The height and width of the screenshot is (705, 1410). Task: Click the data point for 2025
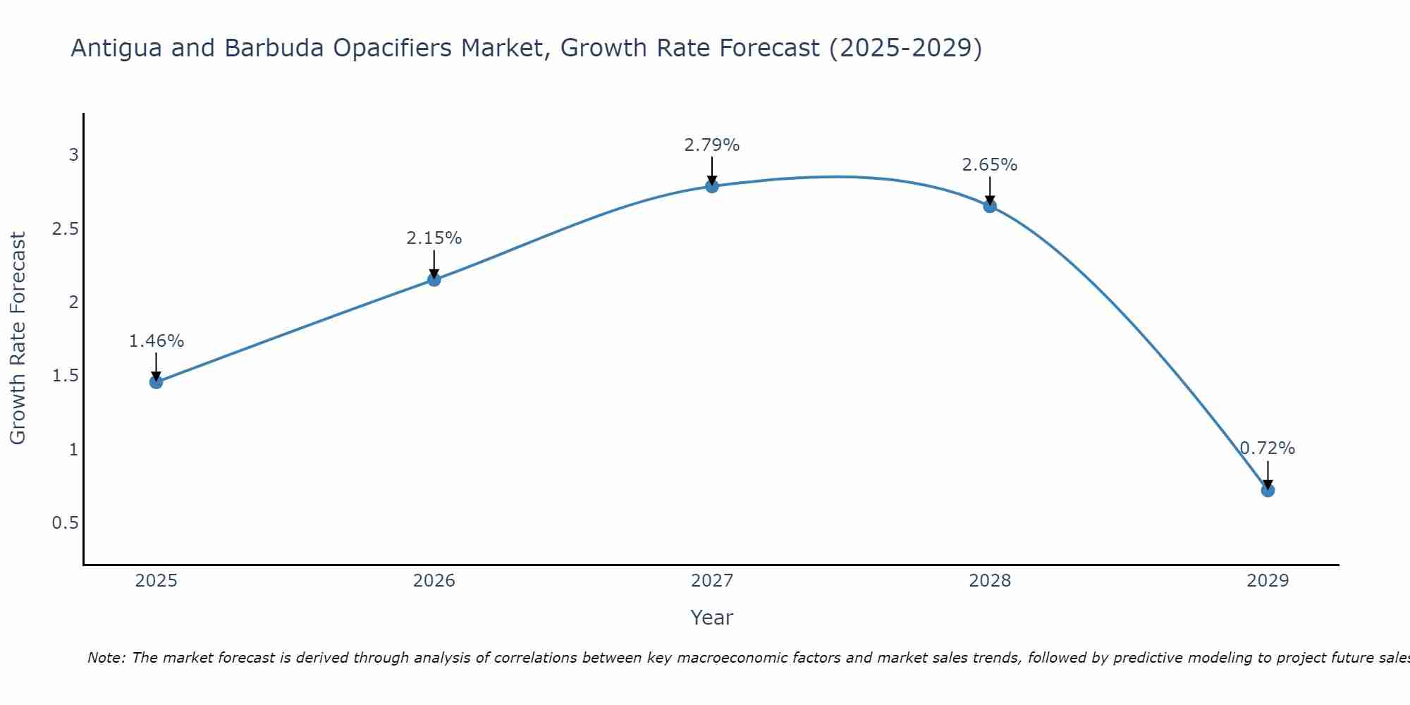(156, 382)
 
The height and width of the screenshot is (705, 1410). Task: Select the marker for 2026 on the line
(434, 280)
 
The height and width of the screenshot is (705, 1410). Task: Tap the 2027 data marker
(712, 186)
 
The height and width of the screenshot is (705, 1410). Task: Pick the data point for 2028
(990, 206)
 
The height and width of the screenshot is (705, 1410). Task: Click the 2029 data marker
(1268, 490)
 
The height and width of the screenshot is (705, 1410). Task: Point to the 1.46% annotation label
(156, 341)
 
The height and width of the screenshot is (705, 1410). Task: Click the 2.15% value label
(434, 238)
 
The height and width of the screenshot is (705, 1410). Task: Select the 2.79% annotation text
(712, 145)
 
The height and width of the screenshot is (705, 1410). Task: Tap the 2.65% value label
(990, 165)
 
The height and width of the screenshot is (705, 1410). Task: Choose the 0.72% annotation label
(1268, 448)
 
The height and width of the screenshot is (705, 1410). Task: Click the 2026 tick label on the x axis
(434, 581)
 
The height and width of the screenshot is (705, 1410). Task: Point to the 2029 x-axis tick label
(1268, 581)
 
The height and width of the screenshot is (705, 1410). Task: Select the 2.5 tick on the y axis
(66, 228)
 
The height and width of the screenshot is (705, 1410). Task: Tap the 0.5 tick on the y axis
(66, 523)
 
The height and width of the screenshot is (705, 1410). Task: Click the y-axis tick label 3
(74, 155)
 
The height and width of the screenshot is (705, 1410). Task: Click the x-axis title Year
(712, 618)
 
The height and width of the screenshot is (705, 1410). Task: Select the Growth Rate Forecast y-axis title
(18, 338)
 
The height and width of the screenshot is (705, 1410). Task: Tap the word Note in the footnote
(105, 658)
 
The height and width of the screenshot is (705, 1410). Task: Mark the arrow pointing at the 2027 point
(712, 171)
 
